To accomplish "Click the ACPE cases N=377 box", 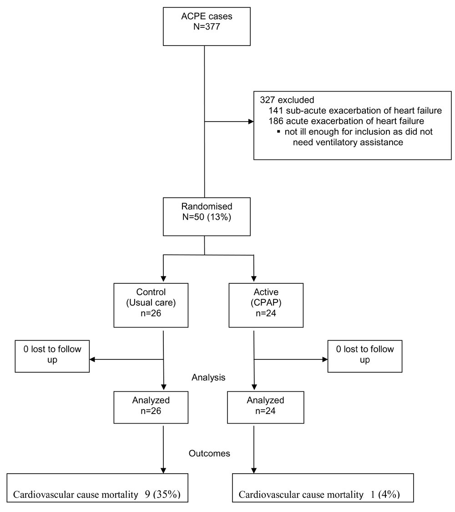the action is click(x=207, y=26).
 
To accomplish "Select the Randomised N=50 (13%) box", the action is click(x=207, y=216).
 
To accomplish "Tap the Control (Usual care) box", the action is click(x=151, y=305).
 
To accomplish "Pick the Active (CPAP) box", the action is click(x=266, y=305).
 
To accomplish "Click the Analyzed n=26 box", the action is click(x=151, y=408).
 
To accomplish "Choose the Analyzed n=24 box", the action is click(x=266, y=408).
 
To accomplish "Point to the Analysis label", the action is click(x=208, y=378).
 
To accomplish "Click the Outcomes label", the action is click(x=209, y=453).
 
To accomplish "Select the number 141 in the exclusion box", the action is click(x=276, y=111).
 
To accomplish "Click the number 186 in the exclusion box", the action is click(x=276, y=121).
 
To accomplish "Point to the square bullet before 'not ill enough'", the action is click(x=278, y=132).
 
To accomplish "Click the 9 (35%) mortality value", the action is click(x=163, y=494).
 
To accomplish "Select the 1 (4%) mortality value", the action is click(x=385, y=494).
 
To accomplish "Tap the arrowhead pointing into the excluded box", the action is click(x=251, y=122).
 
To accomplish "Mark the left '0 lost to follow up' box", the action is click(x=52, y=356).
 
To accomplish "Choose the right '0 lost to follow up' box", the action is click(x=365, y=356).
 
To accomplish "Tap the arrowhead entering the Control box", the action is click(x=163, y=279).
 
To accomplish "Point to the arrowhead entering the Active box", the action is click(x=254, y=279).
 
